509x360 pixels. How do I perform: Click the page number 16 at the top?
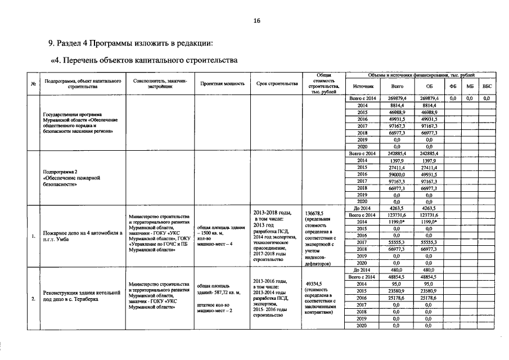(x=256, y=21)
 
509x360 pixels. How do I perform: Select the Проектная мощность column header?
(x=222, y=84)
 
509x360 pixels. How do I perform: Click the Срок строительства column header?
(x=277, y=84)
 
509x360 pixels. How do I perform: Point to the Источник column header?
(x=363, y=87)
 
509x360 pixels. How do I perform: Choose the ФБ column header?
(x=453, y=87)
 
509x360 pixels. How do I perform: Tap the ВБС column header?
(x=487, y=87)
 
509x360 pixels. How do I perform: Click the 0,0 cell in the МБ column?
(x=470, y=98)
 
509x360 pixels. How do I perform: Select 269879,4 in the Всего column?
(x=397, y=98)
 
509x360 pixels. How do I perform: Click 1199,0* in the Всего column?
(x=397, y=222)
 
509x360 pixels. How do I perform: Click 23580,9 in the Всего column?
(x=397, y=291)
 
